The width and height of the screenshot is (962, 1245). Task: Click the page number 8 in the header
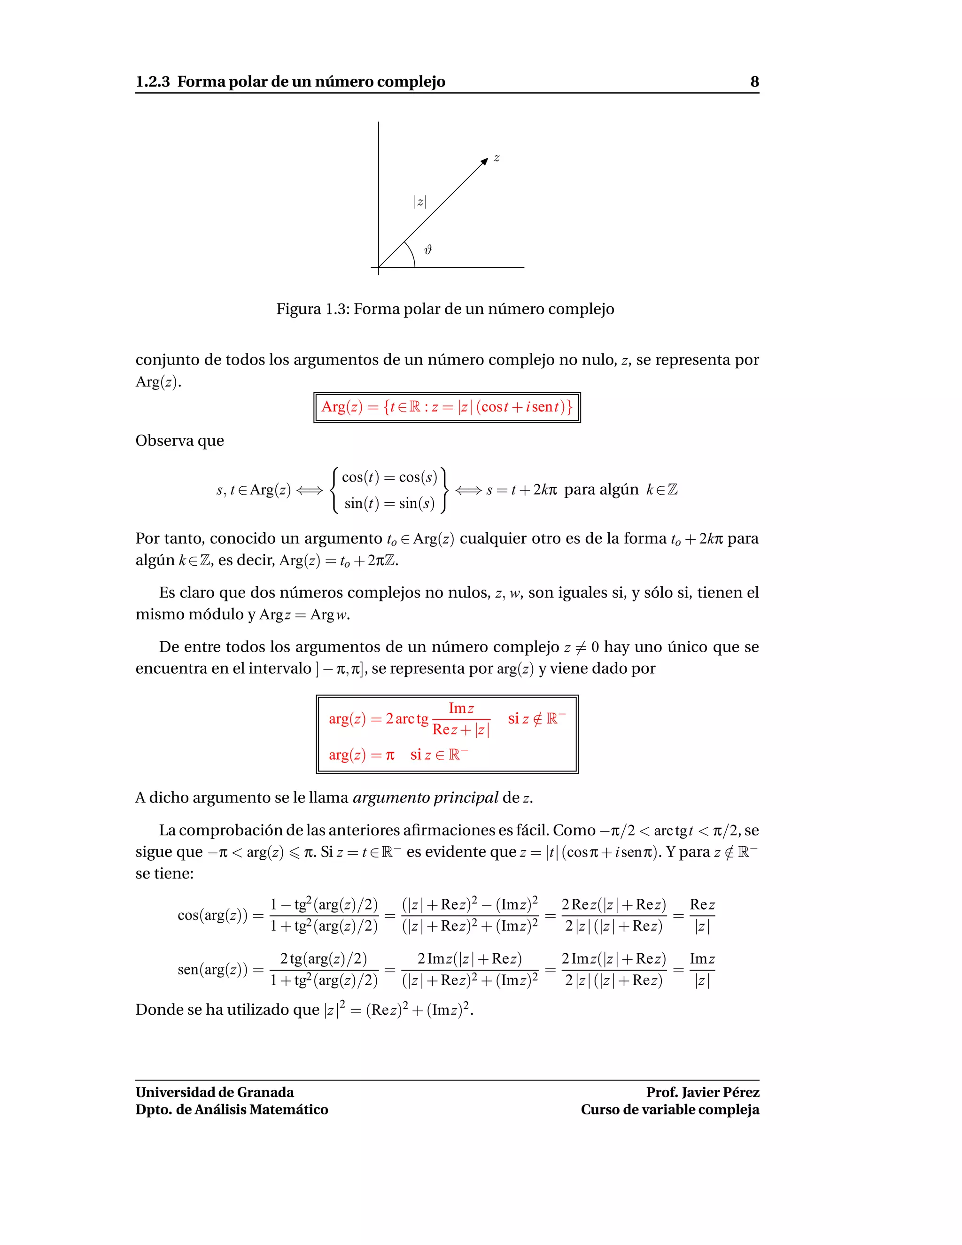(754, 82)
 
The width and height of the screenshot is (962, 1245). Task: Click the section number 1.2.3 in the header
(152, 82)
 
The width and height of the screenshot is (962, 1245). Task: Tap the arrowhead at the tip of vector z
(484, 161)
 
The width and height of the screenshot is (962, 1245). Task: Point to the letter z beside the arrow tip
(497, 158)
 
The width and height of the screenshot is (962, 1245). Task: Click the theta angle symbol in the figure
(428, 249)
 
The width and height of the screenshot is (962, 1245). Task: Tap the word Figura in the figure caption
(299, 309)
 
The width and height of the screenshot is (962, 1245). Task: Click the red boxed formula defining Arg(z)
(447, 407)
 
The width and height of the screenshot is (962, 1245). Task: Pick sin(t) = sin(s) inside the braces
(389, 503)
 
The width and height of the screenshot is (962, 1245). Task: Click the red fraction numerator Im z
(461, 708)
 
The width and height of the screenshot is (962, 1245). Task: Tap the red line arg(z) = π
(361, 755)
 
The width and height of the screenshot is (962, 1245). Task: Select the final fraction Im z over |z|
(702, 970)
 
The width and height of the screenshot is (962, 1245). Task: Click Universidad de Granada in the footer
(215, 1092)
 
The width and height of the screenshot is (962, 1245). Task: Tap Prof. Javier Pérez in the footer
(702, 1092)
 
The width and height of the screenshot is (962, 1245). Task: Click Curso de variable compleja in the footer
(670, 1109)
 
